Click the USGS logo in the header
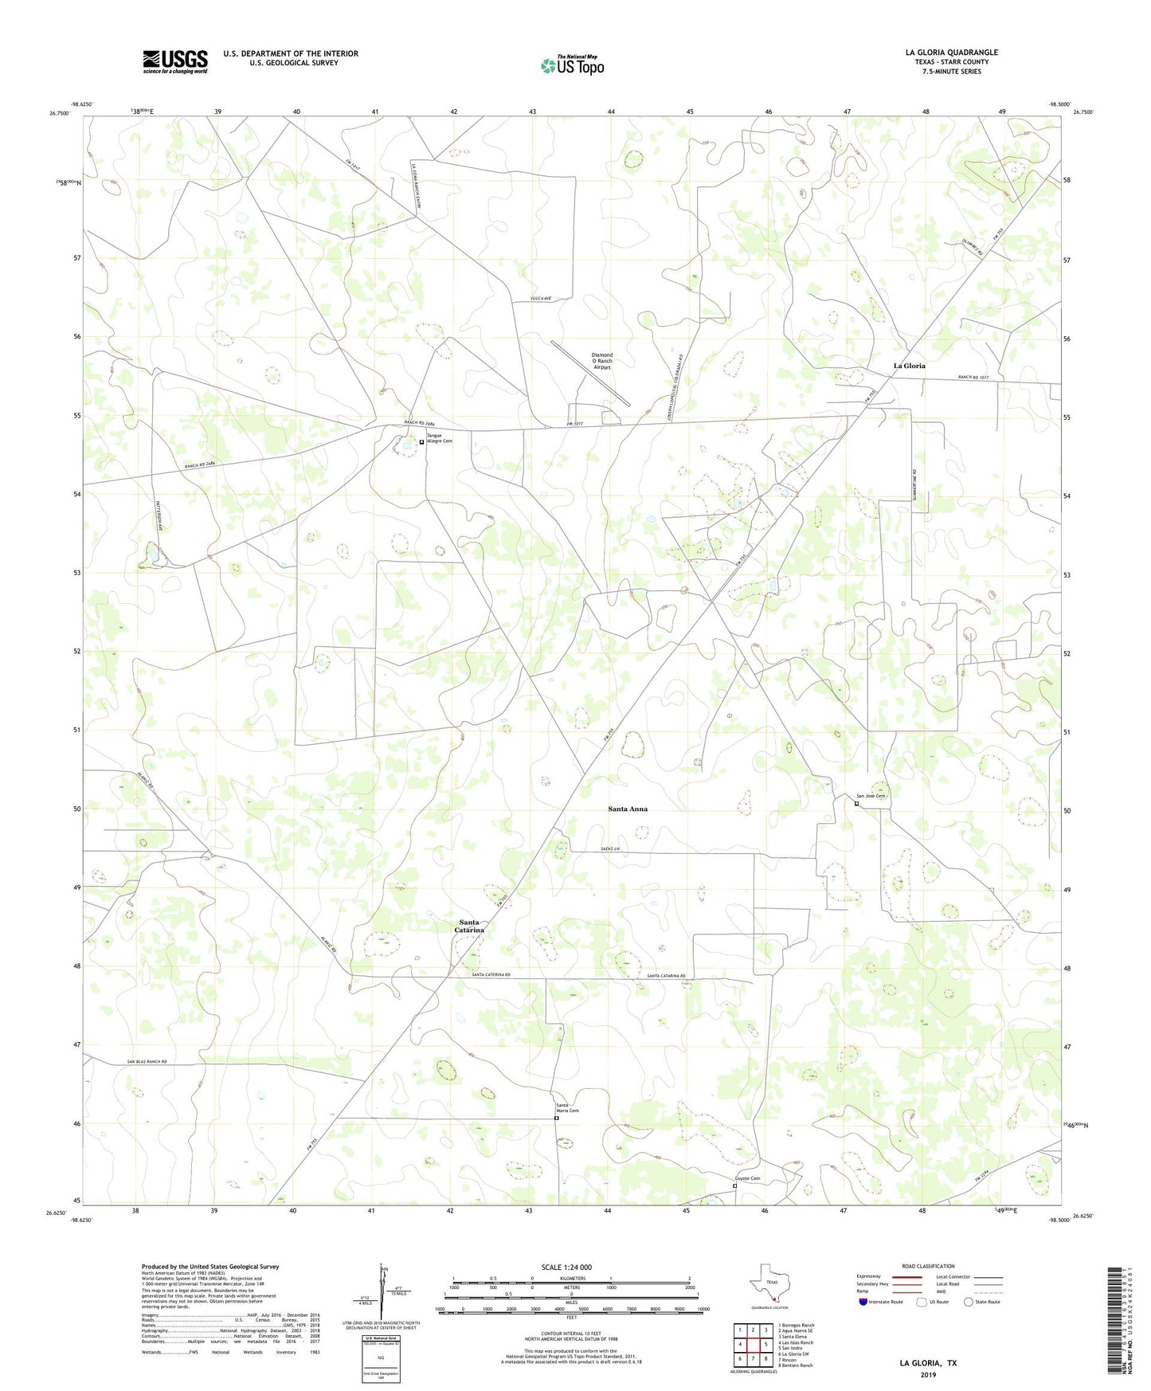point(175,61)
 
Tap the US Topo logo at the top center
point(571,65)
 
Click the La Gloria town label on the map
point(909,366)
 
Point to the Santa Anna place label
point(628,809)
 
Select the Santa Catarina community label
point(469,927)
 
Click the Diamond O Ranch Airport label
point(601,361)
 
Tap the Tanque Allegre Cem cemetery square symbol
point(421,442)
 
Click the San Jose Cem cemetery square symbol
point(856,804)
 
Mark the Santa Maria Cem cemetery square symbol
point(557,1119)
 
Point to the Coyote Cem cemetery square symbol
point(734,1185)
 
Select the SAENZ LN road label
point(610,849)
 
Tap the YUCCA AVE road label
point(541,299)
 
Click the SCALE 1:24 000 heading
point(566,1267)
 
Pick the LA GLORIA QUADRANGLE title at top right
point(951,53)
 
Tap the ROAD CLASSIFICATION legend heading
point(928,1266)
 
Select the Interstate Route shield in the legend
point(863,1303)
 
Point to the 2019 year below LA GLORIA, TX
point(928,1374)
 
